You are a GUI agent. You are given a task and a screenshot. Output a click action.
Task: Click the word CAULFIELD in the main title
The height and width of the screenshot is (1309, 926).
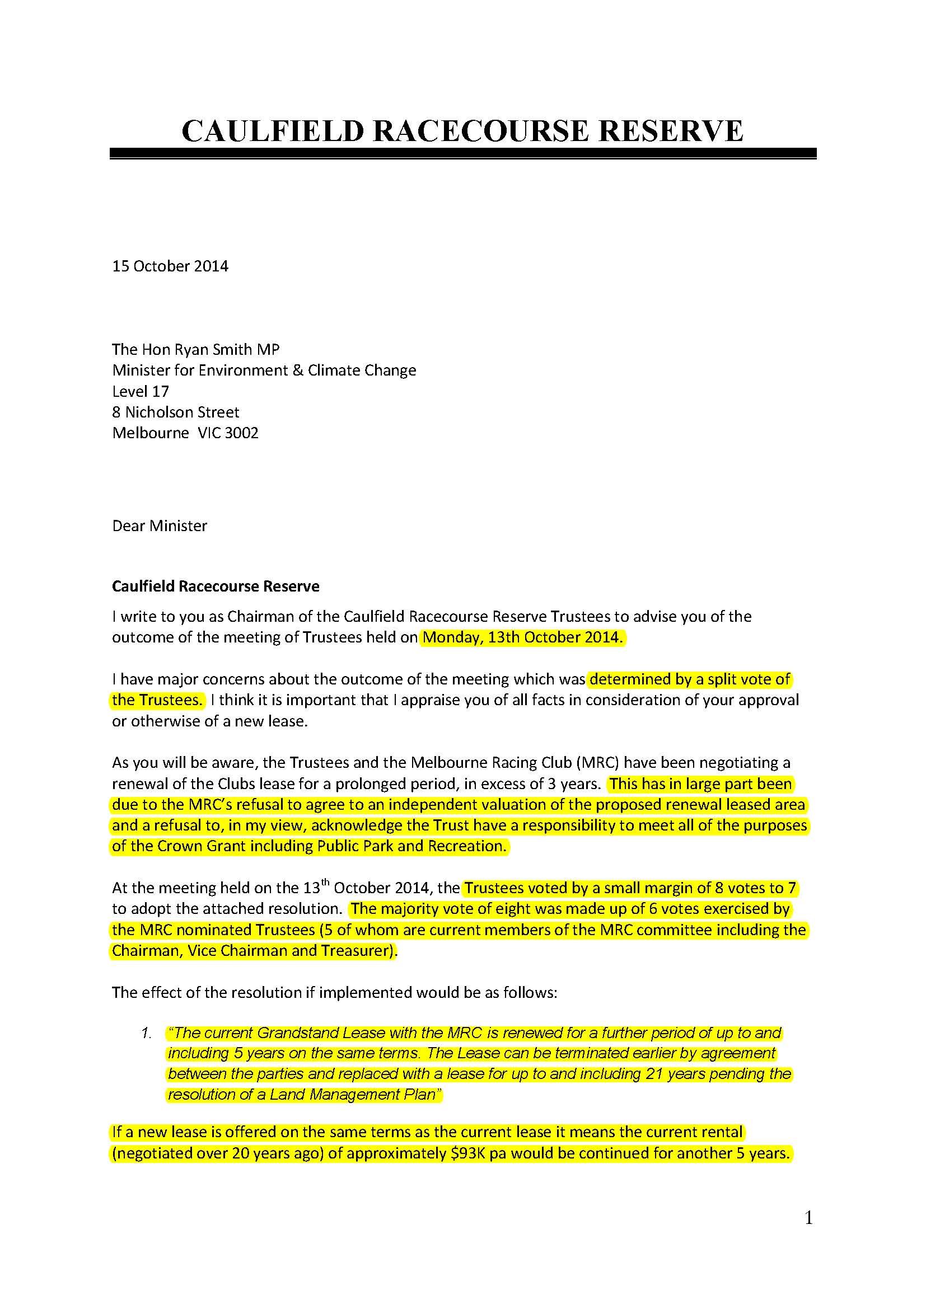(x=273, y=131)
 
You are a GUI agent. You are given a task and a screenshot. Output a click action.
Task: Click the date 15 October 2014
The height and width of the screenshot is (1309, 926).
(x=170, y=266)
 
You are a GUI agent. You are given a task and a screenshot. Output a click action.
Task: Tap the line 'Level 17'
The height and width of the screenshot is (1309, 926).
(x=141, y=391)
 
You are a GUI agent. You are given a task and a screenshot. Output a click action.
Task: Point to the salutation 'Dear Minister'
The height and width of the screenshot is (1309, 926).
(x=160, y=526)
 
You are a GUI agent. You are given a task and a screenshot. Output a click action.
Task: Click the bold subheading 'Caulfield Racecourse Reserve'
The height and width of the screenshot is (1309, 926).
(x=216, y=586)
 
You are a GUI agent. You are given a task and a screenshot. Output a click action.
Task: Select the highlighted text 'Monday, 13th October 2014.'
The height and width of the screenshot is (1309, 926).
(x=522, y=637)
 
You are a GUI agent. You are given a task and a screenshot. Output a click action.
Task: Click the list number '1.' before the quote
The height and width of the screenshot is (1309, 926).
(x=147, y=1033)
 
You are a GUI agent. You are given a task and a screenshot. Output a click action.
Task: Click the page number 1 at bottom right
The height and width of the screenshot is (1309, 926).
(x=808, y=1218)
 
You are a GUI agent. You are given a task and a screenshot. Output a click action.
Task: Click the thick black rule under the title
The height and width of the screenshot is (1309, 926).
(x=463, y=153)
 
